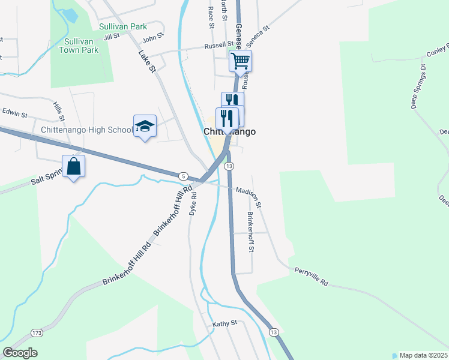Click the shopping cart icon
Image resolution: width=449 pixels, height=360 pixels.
pyautogui.click(x=240, y=61)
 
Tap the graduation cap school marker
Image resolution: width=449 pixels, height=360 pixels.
pyautogui.click(x=145, y=126)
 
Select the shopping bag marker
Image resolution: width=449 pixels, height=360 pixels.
pyautogui.click(x=73, y=166)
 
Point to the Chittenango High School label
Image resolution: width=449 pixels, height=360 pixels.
pyautogui.click(x=86, y=130)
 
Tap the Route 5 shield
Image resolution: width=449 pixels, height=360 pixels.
pyautogui.click(x=182, y=175)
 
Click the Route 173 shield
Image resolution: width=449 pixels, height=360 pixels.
pyautogui.click(x=37, y=332)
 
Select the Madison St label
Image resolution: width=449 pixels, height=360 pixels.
pyautogui.click(x=249, y=196)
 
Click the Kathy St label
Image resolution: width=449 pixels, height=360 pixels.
pyautogui.click(x=225, y=323)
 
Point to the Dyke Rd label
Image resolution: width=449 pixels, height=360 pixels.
pyautogui.click(x=193, y=204)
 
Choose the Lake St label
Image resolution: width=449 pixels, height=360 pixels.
pyautogui.click(x=147, y=62)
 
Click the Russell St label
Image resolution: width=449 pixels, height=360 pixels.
pyautogui.click(x=218, y=44)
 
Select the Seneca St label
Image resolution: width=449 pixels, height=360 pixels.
pyautogui.click(x=259, y=32)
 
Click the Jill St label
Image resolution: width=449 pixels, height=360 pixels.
pyautogui.click(x=112, y=37)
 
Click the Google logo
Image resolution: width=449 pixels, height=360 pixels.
pyautogui.click(x=20, y=353)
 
